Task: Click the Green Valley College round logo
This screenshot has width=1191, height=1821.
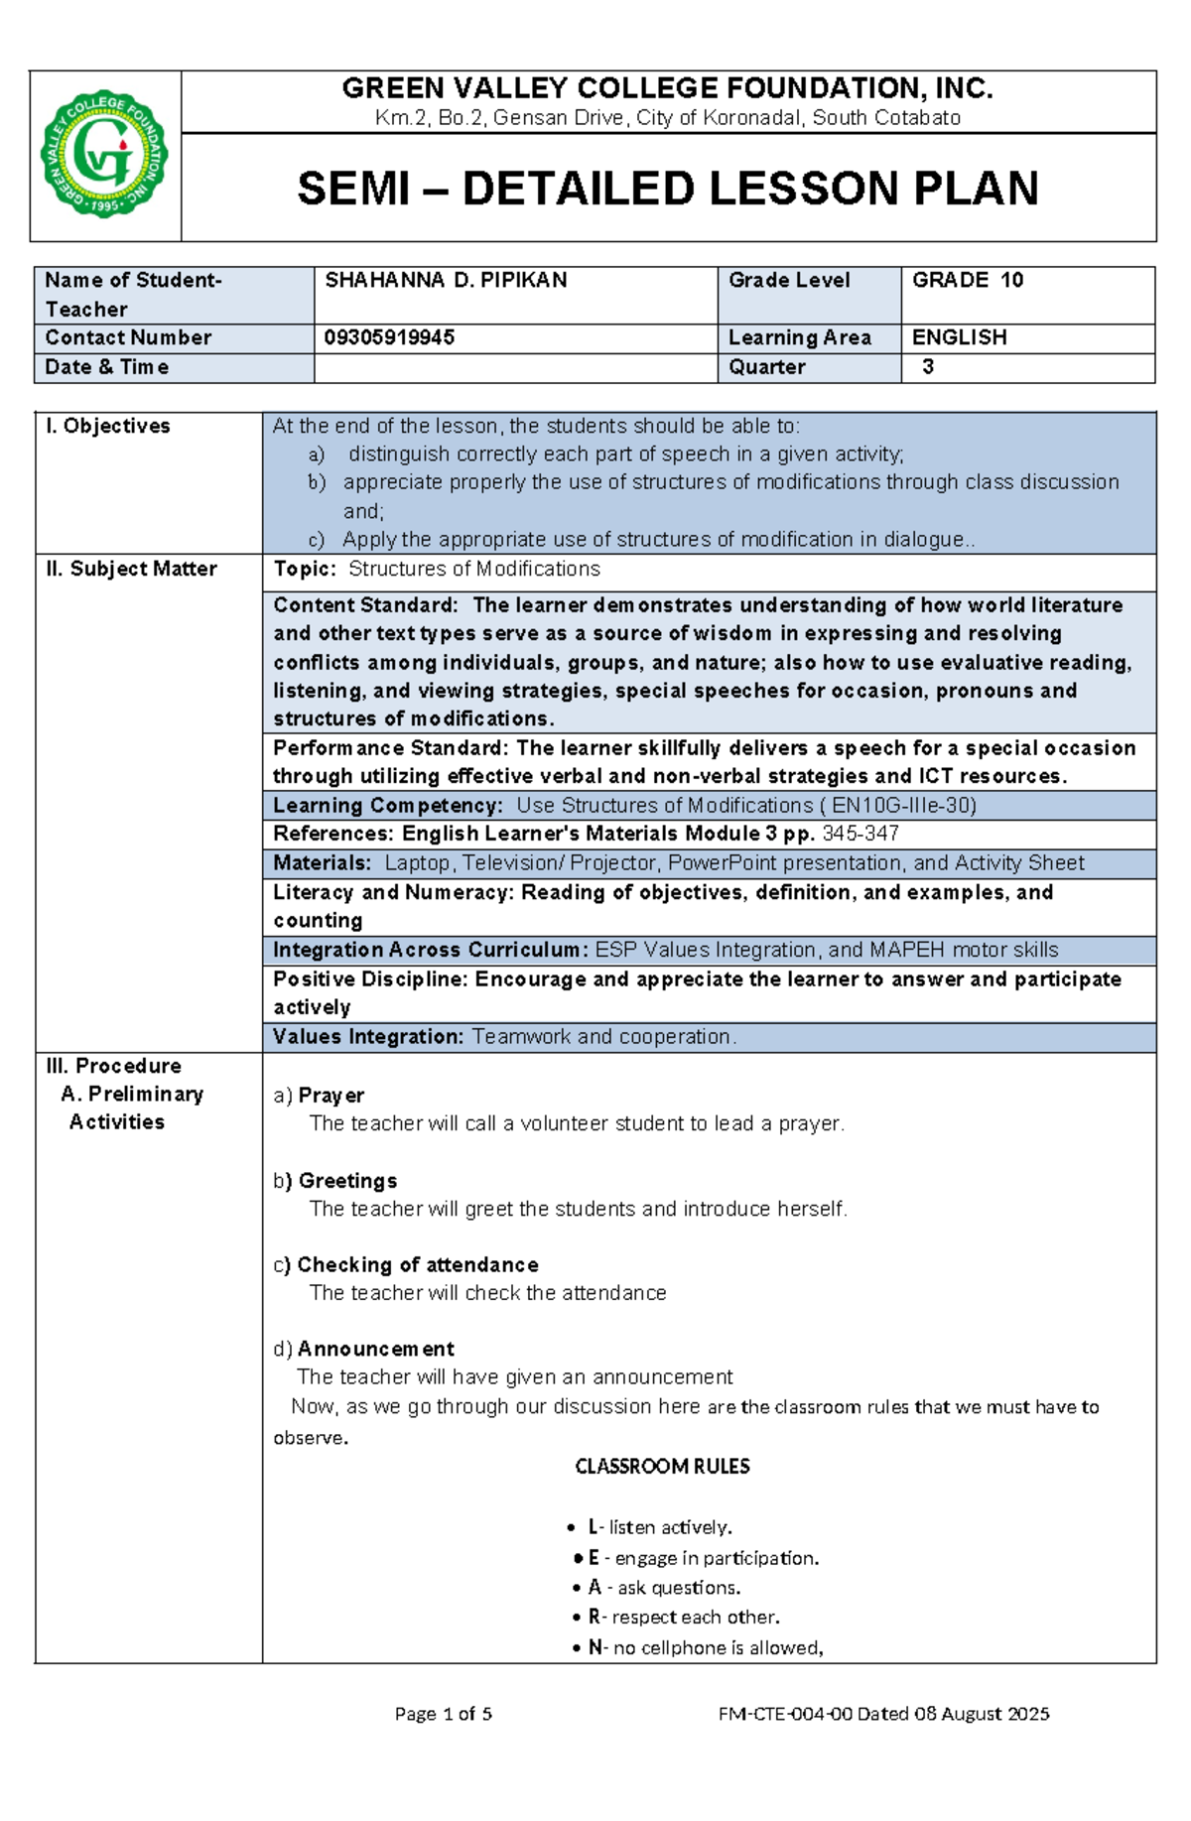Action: coord(104,155)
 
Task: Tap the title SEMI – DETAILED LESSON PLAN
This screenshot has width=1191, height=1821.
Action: coord(668,189)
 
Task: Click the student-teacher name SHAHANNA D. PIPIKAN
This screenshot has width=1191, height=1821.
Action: coord(446,281)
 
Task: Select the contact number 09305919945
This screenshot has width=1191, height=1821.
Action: coord(389,338)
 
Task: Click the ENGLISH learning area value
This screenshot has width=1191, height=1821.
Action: coord(959,338)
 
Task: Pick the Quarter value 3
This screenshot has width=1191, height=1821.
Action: coord(928,367)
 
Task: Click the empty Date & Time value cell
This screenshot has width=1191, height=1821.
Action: coord(514,368)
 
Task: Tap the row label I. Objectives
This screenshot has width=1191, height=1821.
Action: coord(107,426)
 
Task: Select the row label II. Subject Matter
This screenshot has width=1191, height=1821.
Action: coord(131,569)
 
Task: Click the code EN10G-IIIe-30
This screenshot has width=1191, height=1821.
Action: coord(903,806)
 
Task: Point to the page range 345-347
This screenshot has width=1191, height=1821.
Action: coord(860,835)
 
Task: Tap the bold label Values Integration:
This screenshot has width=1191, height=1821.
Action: coord(368,1037)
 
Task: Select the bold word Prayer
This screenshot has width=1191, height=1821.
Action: coord(331,1096)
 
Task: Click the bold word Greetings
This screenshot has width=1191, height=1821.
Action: coord(347,1181)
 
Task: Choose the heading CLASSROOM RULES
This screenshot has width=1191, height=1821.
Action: coord(662,1467)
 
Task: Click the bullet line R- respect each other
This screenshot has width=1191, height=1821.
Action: coord(683,1618)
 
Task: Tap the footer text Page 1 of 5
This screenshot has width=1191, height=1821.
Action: coord(444,1714)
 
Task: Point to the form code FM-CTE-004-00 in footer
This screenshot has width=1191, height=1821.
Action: coord(785,1714)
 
